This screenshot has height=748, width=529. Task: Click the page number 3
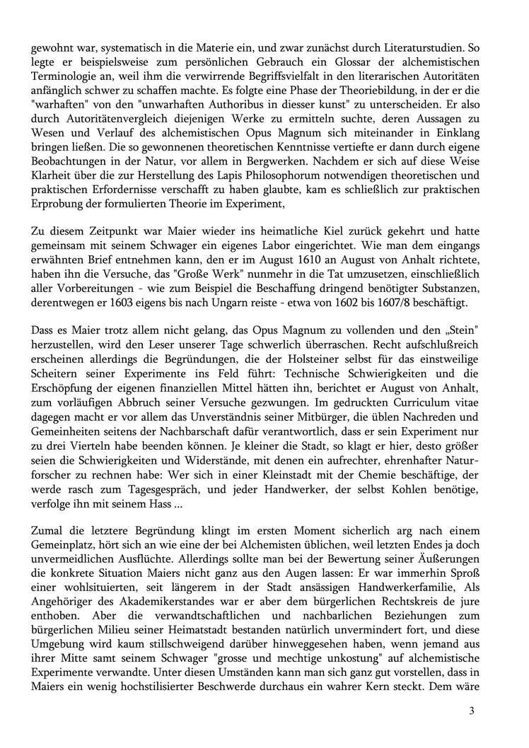pos(472,709)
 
